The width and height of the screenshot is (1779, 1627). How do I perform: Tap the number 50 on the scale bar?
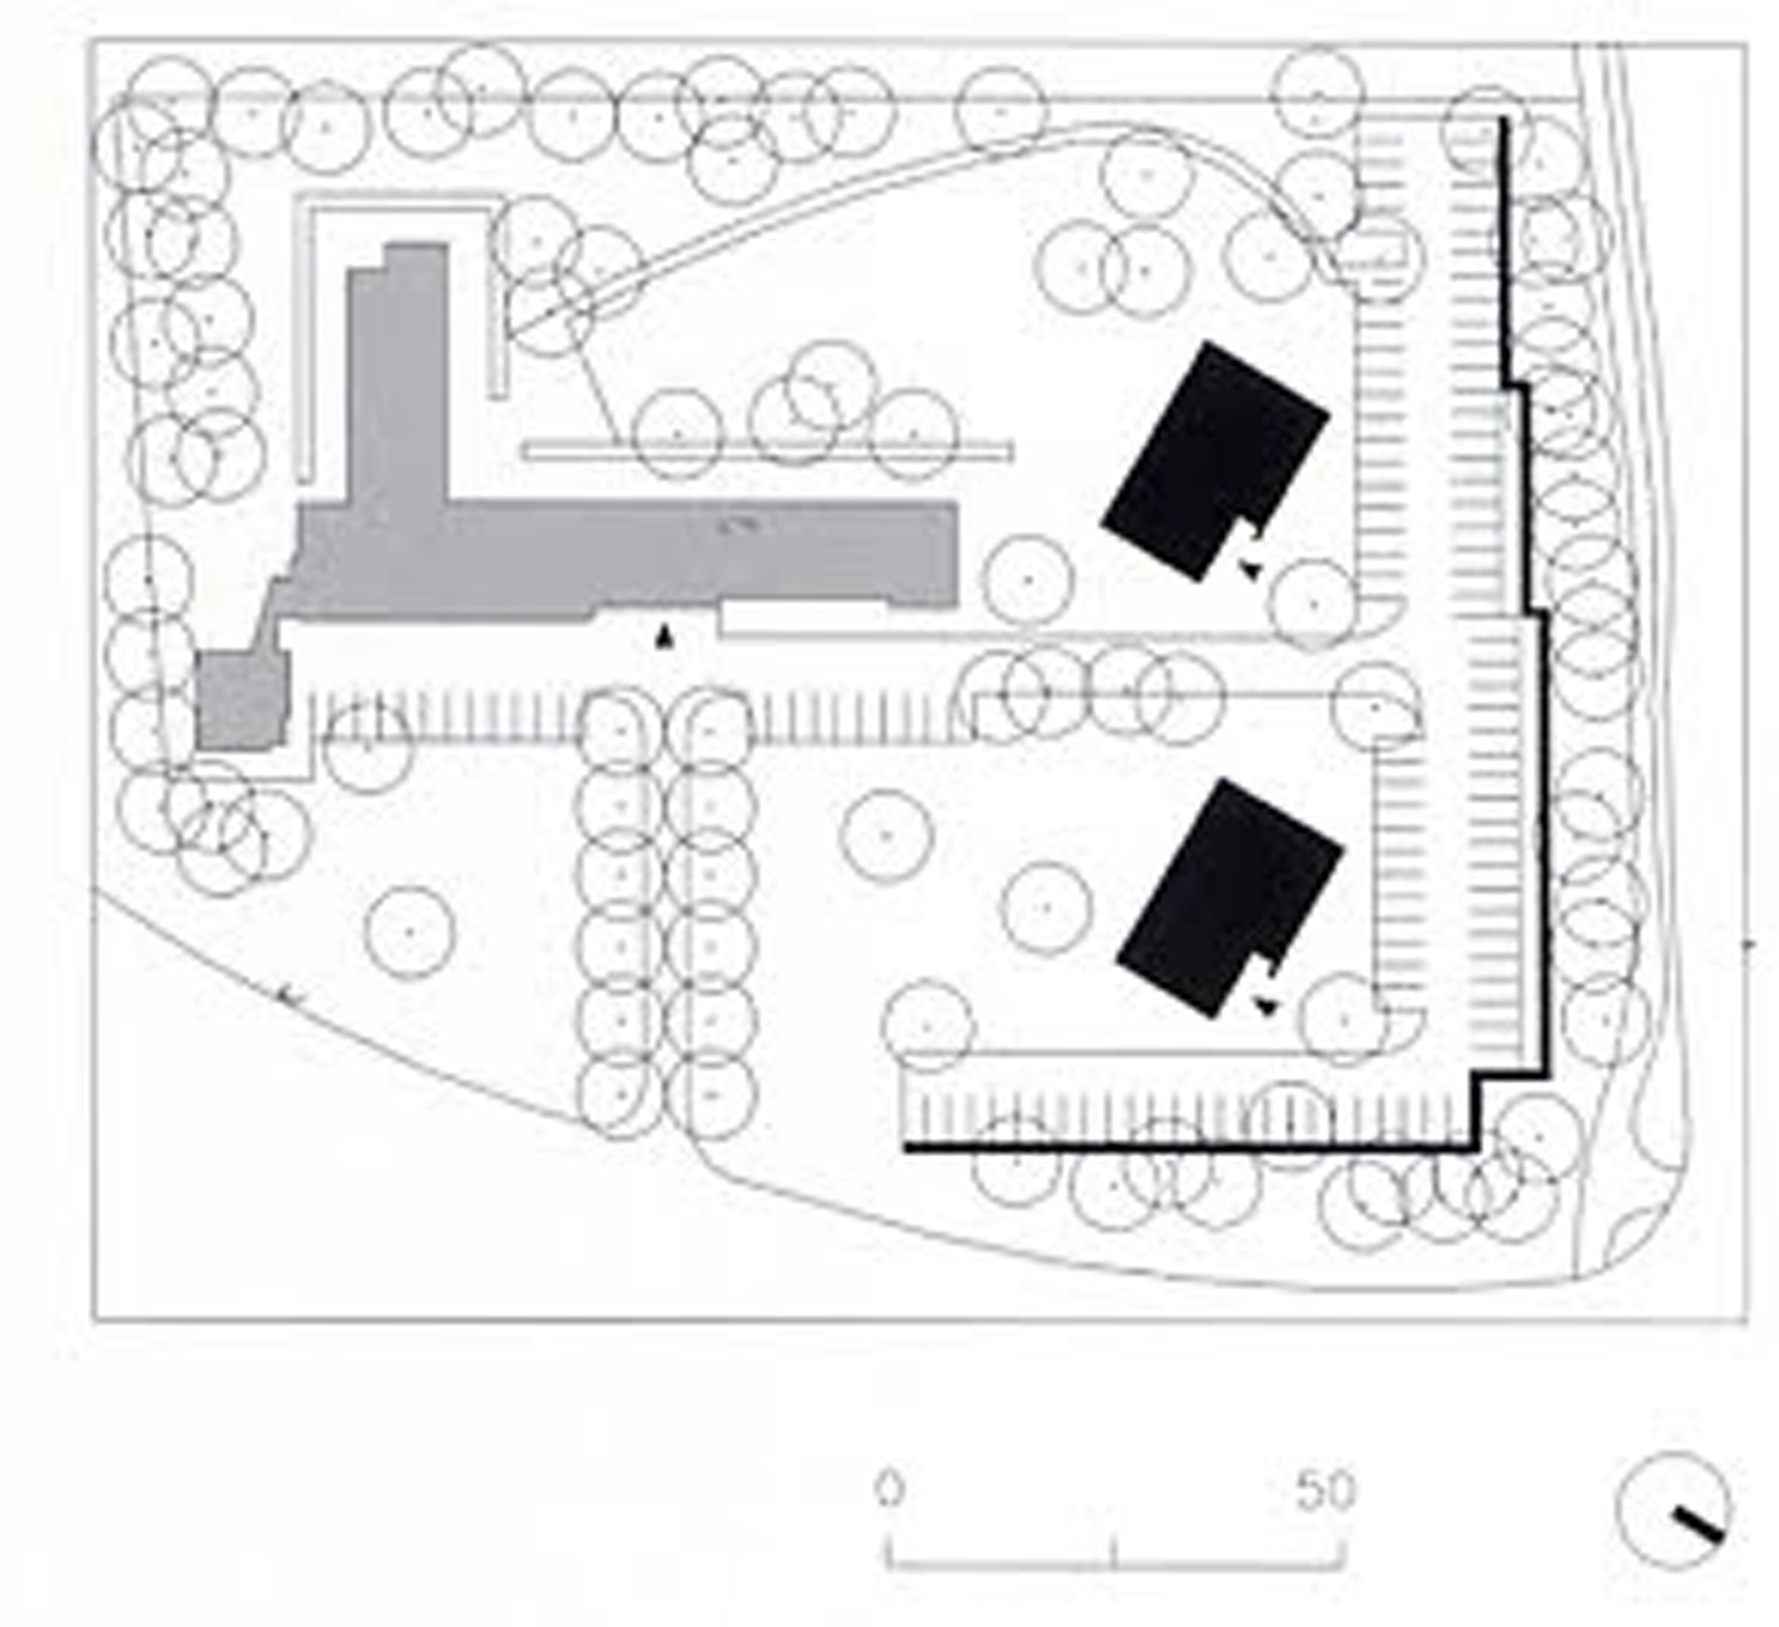click(x=1325, y=1490)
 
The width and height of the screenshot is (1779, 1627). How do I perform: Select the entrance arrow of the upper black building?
click(x=1250, y=570)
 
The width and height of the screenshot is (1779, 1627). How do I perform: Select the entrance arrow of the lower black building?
click(x=1267, y=1006)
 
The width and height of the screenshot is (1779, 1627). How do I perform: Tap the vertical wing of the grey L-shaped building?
click(x=398, y=374)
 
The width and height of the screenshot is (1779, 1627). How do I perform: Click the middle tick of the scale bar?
click(x=1113, y=1551)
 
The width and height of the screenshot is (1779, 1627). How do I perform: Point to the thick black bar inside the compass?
click(x=1699, y=1524)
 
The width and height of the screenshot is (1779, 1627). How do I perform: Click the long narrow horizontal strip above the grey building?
click(x=767, y=451)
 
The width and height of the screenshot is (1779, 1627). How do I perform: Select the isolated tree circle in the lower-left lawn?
click(x=409, y=931)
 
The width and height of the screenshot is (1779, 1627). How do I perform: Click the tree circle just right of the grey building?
click(x=1028, y=579)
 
